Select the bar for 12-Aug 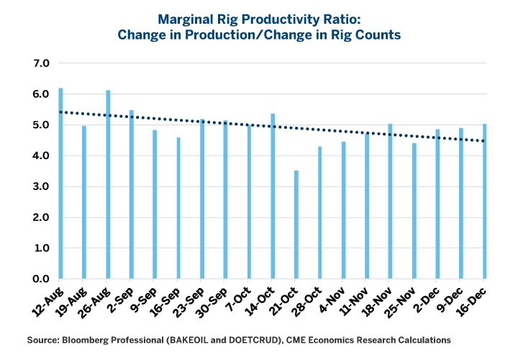[x=60, y=184]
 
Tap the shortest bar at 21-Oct [x=296, y=225]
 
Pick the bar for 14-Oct [x=273, y=196]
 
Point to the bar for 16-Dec [x=484, y=201]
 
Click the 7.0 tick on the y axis [x=40, y=63]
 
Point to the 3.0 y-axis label [x=40, y=187]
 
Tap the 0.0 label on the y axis [x=40, y=279]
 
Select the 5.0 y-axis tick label [x=40, y=125]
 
